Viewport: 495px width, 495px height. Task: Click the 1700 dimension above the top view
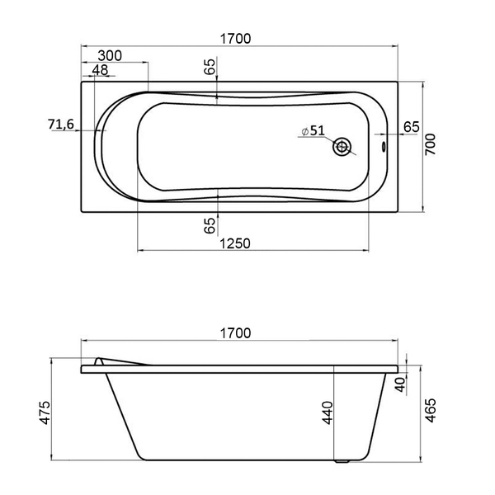235,39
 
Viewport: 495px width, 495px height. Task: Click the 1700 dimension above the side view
235,333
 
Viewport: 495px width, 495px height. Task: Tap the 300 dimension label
110,55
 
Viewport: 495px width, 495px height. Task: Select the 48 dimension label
101,70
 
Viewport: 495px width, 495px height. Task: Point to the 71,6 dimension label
61,124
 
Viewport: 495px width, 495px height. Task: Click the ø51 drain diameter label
313,130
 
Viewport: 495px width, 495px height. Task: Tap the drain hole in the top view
342,147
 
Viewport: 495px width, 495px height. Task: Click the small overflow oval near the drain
384,147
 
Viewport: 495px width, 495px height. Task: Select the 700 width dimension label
430,144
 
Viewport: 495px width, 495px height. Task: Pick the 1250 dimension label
235,243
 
